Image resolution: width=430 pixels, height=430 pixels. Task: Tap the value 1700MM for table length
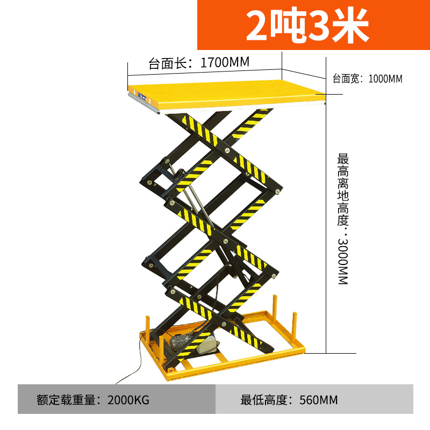click(x=225, y=63)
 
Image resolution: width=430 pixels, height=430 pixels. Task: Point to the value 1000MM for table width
click(x=385, y=79)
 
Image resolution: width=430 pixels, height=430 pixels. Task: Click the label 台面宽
click(x=346, y=79)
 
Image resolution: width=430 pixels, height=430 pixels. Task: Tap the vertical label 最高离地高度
click(x=343, y=190)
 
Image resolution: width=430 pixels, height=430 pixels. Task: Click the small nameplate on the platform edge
click(x=143, y=97)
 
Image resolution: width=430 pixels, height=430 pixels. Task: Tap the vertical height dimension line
click(x=327, y=226)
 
